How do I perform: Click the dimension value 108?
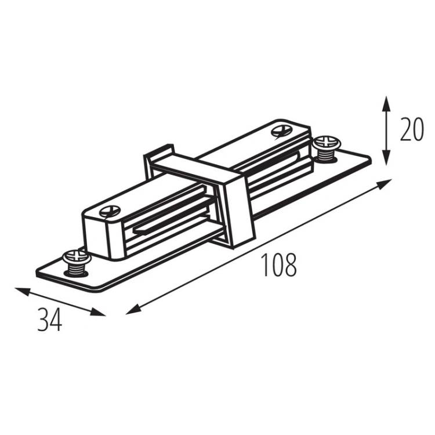pyautogui.click(x=279, y=264)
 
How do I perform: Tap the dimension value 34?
pyautogui.click(x=50, y=320)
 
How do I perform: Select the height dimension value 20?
pyautogui.click(x=411, y=129)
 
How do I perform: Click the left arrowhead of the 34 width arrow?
pyautogui.click(x=22, y=291)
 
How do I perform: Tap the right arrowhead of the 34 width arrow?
pyautogui.click(x=98, y=313)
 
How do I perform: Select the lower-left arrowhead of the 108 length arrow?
pyautogui.click(x=133, y=309)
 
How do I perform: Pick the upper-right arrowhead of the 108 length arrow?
pyautogui.click(x=385, y=184)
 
